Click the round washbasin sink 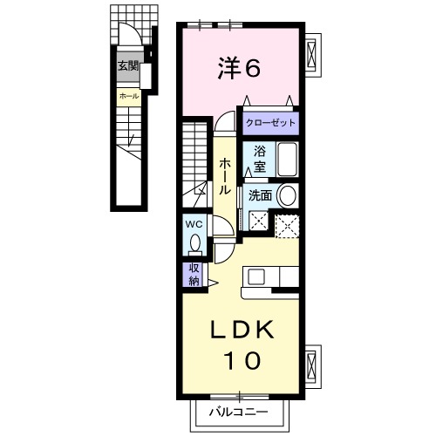tap(289, 195)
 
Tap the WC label tap(194, 223)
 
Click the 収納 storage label tap(194, 275)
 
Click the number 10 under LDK tap(243, 359)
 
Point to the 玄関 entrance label tap(128, 65)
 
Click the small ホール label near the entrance tap(127, 95)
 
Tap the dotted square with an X tap(287, 224)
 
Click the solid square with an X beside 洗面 tap(258, 222)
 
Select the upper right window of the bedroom tap(314, 55)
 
